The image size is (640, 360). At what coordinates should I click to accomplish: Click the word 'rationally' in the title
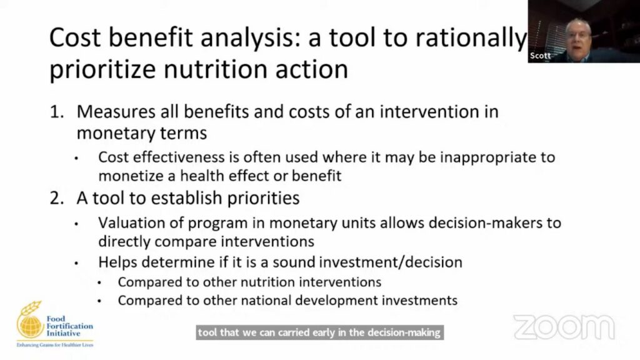click(x=471, y=39)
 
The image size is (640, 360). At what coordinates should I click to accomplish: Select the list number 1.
click(x=57, y=112)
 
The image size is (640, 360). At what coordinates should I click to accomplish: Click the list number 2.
click(x=57, y=198)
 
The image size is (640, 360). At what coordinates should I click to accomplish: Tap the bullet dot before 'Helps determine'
click(x=76, y=264)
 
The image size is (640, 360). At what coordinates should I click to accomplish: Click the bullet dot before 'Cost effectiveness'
click(x=76, y=159)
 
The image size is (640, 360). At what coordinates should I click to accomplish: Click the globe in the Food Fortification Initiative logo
click(x=30, y=325)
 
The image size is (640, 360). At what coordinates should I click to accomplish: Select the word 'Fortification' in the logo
click(x=69, y=326)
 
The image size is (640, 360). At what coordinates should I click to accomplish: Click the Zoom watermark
click(x=564, y=327)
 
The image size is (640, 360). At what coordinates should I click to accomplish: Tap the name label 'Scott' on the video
click(x=540, y=56)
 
